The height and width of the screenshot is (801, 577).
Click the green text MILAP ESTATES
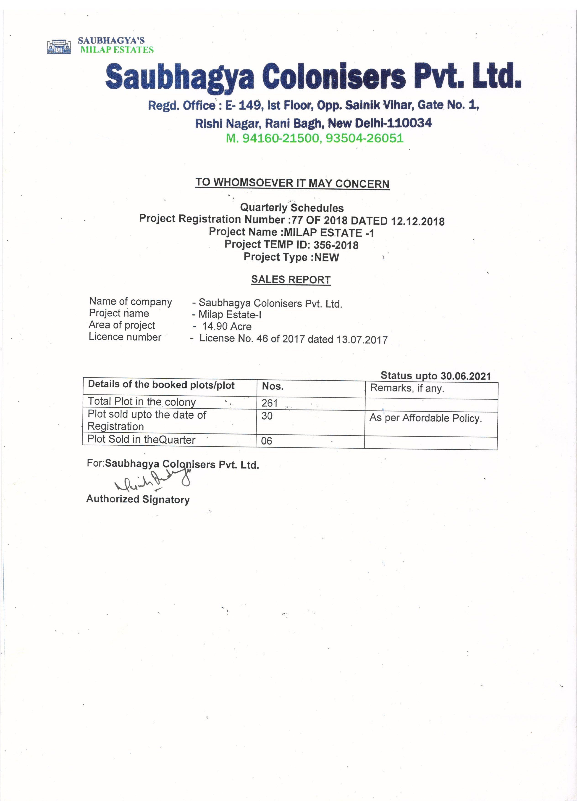pyautogui.click(x=117, y=50)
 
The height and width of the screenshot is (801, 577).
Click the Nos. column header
pyautogui.click(x=273, y=386)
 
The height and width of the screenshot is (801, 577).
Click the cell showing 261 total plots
pyautogui.click(x=270, y=403)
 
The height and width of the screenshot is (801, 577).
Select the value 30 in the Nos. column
pyautogui.click(x=267, y=416)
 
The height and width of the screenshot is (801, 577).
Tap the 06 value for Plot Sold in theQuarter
pyautogui.click(x=266, y=441)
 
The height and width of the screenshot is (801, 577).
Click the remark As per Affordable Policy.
pyautogui.click(x=425, y=418)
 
